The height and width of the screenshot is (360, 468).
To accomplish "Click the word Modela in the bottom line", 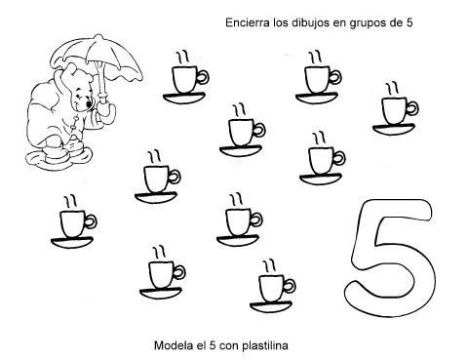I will coord(174,344).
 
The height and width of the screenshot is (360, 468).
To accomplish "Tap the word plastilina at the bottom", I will coord(260,344).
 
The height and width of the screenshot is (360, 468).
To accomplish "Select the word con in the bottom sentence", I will coord(224,344).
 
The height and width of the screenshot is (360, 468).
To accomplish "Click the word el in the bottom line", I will coord(199,344).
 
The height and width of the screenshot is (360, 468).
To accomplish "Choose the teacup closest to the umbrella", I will coord(185,78).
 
